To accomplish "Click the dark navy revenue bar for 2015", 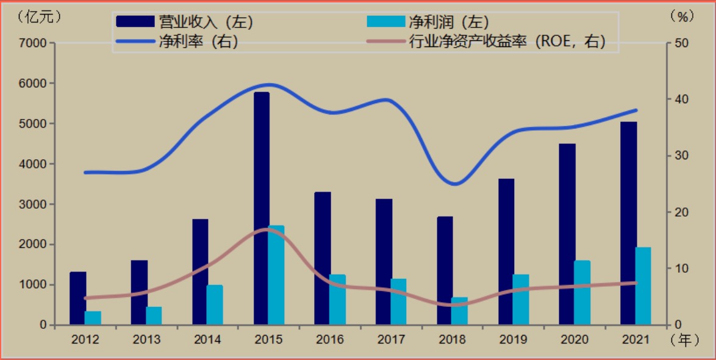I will click(x=262, y=207).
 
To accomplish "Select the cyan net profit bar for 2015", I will click(x=276, y=275).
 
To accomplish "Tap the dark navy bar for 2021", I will click(x=629, y=223).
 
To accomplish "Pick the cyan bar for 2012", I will click(x=93, y=318).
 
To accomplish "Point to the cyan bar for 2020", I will click(x=582, y=292).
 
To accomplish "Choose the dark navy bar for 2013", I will click(x=139, y=292).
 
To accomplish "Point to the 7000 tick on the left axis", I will click(x=35, y=43).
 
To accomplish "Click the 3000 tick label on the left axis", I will click(x=35, y=204).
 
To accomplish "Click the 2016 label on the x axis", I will click(x=330, y=340).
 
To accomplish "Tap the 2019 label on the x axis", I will click(x=514, y=340).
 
